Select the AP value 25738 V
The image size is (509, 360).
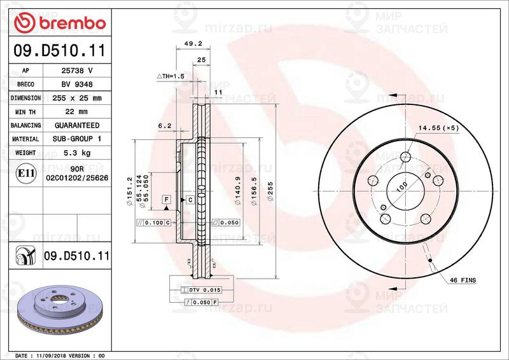tap(76, 71)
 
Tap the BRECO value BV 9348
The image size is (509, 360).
tap(76, 85)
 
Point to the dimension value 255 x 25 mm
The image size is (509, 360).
tap(76, 99)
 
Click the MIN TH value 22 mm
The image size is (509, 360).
tap(76, 112)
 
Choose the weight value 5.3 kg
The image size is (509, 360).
tap(76, 153)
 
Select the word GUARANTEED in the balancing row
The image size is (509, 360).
tap(76, 125)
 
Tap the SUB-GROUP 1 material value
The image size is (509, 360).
tap(76, 139)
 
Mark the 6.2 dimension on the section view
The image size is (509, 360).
tap(164, 126)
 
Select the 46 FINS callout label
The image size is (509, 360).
tap(463, 280)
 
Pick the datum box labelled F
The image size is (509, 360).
tap(166, 200)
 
